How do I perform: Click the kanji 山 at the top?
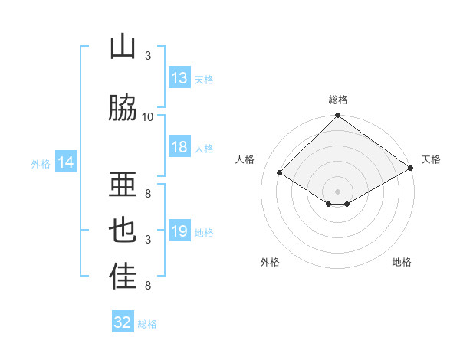click(x=123, y=47)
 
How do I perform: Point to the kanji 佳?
click(x=123, y=277)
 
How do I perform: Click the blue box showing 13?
click(x=179, y=78)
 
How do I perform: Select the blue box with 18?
click(x=179, y=147)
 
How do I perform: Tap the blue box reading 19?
click(x=179, y=231)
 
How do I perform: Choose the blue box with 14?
click(x=65, y=162)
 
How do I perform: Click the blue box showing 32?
click(x=123, y=322)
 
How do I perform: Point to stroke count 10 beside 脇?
click(x=148, y=116)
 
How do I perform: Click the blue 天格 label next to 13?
click(x=204, y=79)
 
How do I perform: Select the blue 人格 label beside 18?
click(x=204, y=148)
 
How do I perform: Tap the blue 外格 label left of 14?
click(x=41, y=163)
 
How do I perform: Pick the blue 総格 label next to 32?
click(x=147, y=323)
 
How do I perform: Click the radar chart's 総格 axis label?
click(x=338, y=100)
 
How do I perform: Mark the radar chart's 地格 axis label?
click(x=402, y=262)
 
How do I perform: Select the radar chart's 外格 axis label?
click(x=270, y=262)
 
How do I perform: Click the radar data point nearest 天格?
click(x=411, y=169)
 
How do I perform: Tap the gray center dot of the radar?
click(x=337, y=191)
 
